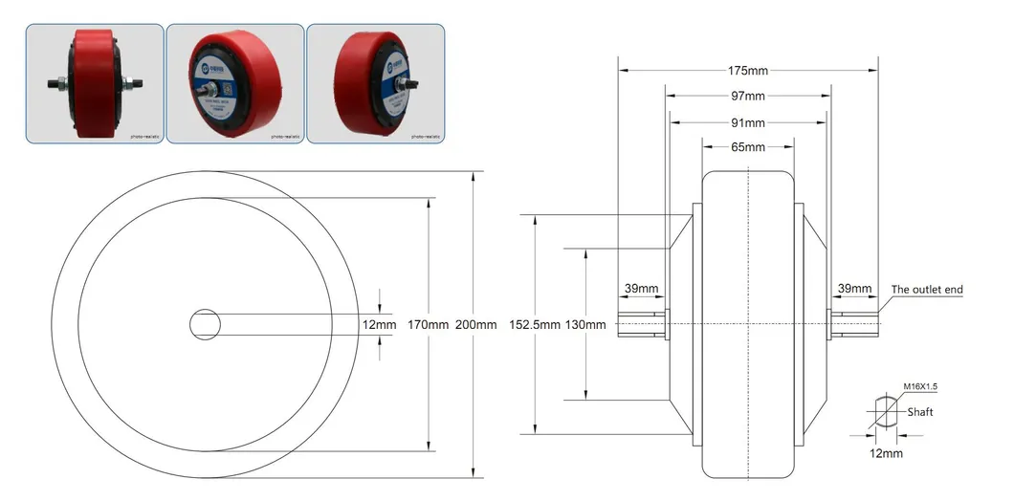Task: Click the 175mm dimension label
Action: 748,71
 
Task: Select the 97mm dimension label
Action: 748,97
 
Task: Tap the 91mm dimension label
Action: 748,123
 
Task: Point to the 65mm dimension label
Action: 748,147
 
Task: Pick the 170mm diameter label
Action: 428,325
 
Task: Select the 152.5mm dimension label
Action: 534,325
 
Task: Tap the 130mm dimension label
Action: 585,325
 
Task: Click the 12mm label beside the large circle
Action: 380,325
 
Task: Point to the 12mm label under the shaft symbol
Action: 886,453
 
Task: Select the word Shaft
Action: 919,412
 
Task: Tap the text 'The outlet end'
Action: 926,290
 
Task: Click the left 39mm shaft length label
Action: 641,289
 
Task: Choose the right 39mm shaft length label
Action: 854,289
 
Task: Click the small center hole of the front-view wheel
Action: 205,324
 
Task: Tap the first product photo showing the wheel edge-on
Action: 95,84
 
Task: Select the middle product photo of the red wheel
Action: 235,84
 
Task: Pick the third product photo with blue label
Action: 376,84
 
